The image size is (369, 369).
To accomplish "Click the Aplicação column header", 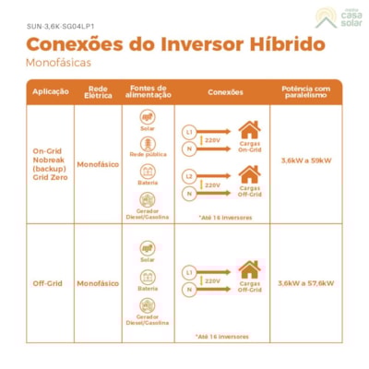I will [50, 91].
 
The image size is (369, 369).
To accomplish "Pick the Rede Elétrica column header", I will [98, 91].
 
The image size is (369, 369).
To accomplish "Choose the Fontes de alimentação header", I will [147, 91].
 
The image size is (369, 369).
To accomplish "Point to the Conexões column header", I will [226, 91].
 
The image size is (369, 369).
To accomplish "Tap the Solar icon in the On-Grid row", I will [147, 117].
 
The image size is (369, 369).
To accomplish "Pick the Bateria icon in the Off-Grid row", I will [147, 276].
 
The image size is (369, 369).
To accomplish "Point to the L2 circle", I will [189, 174].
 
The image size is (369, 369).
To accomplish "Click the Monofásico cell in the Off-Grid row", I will [98, 283].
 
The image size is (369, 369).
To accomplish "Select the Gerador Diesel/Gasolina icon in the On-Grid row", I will [147, 198].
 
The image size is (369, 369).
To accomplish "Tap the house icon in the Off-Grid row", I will [249, 269].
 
